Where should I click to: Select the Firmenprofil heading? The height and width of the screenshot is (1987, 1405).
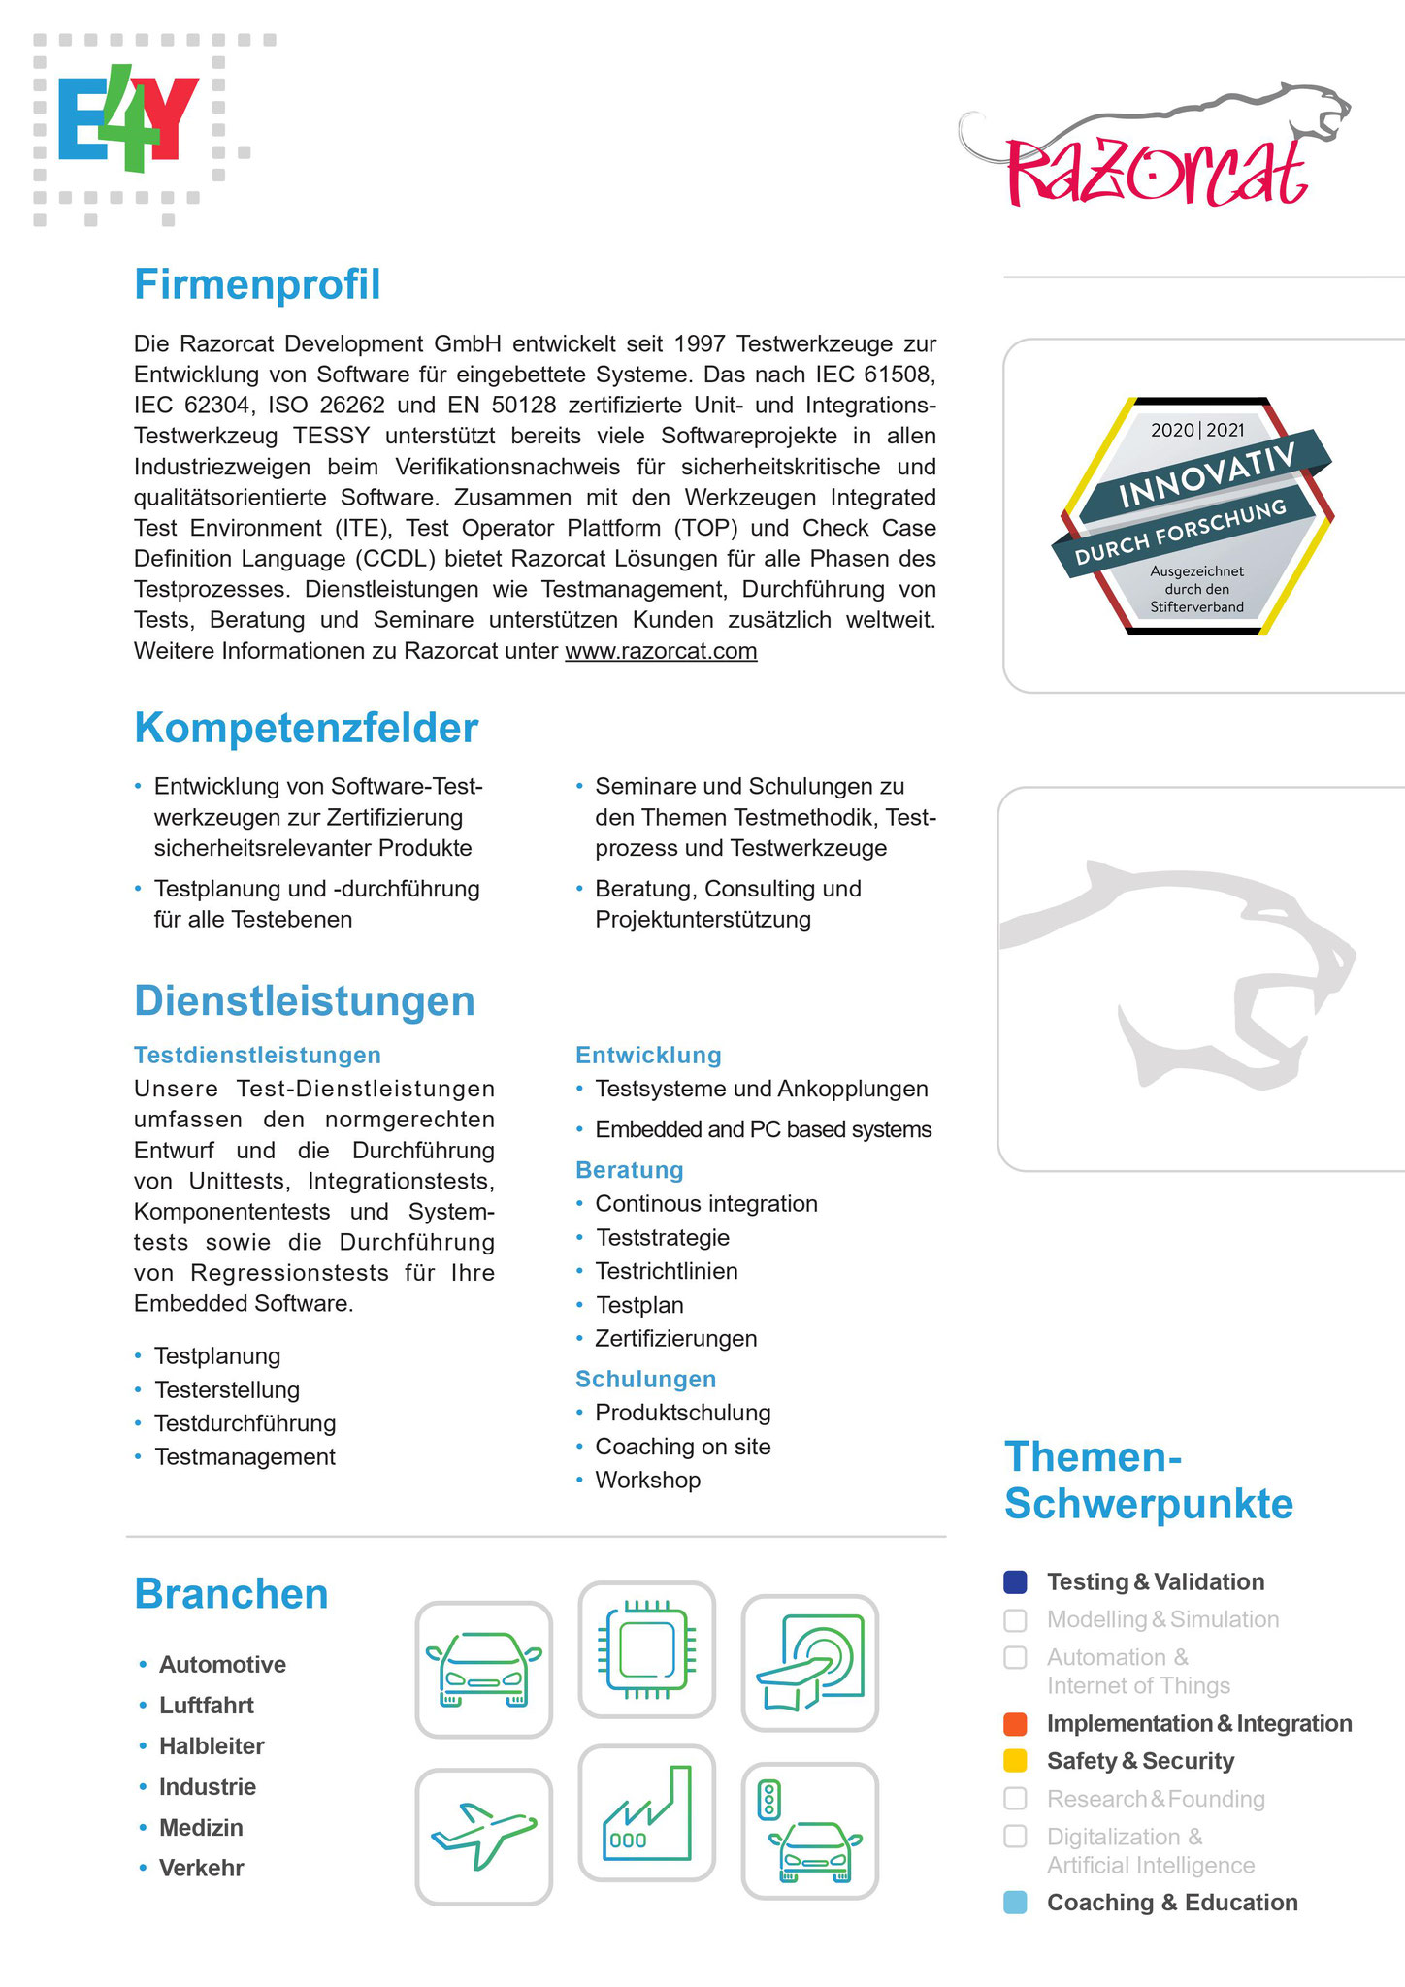(x=257, y=285)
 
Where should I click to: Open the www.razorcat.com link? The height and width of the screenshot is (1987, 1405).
(x=661, y=651)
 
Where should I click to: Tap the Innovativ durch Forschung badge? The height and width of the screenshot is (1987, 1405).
(x=1197, y=516)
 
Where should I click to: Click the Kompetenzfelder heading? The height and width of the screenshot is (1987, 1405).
(x=306, y=729)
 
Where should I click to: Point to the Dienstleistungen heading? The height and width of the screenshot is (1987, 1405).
(x=305, y=1001)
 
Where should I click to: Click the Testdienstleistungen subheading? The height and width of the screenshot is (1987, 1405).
(x=257, y=1056)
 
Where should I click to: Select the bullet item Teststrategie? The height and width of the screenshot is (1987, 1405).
(x=663, y=1238)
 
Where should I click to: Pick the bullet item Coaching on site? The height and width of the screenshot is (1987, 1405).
(x=683, y=1447)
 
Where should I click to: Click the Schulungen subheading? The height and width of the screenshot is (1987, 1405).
(x=645, y=1380)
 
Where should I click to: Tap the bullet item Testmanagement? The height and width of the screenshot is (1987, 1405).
(x=245, y=1457)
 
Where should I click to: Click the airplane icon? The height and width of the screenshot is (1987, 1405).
(x=483, y=1836)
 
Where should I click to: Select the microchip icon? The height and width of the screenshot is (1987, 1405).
(x=646, y=1649)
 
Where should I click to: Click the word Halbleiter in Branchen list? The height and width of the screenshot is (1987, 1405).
(x=212, y=1746)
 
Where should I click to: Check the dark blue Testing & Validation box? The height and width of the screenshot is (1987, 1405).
(x=1015, y=1582)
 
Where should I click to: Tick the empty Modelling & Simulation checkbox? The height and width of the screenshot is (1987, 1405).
(x=1015, y=1620)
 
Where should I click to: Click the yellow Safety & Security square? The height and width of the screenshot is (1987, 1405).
(x=1015, y=1761)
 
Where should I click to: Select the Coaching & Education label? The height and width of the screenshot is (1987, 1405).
(x=1172, y=1903)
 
